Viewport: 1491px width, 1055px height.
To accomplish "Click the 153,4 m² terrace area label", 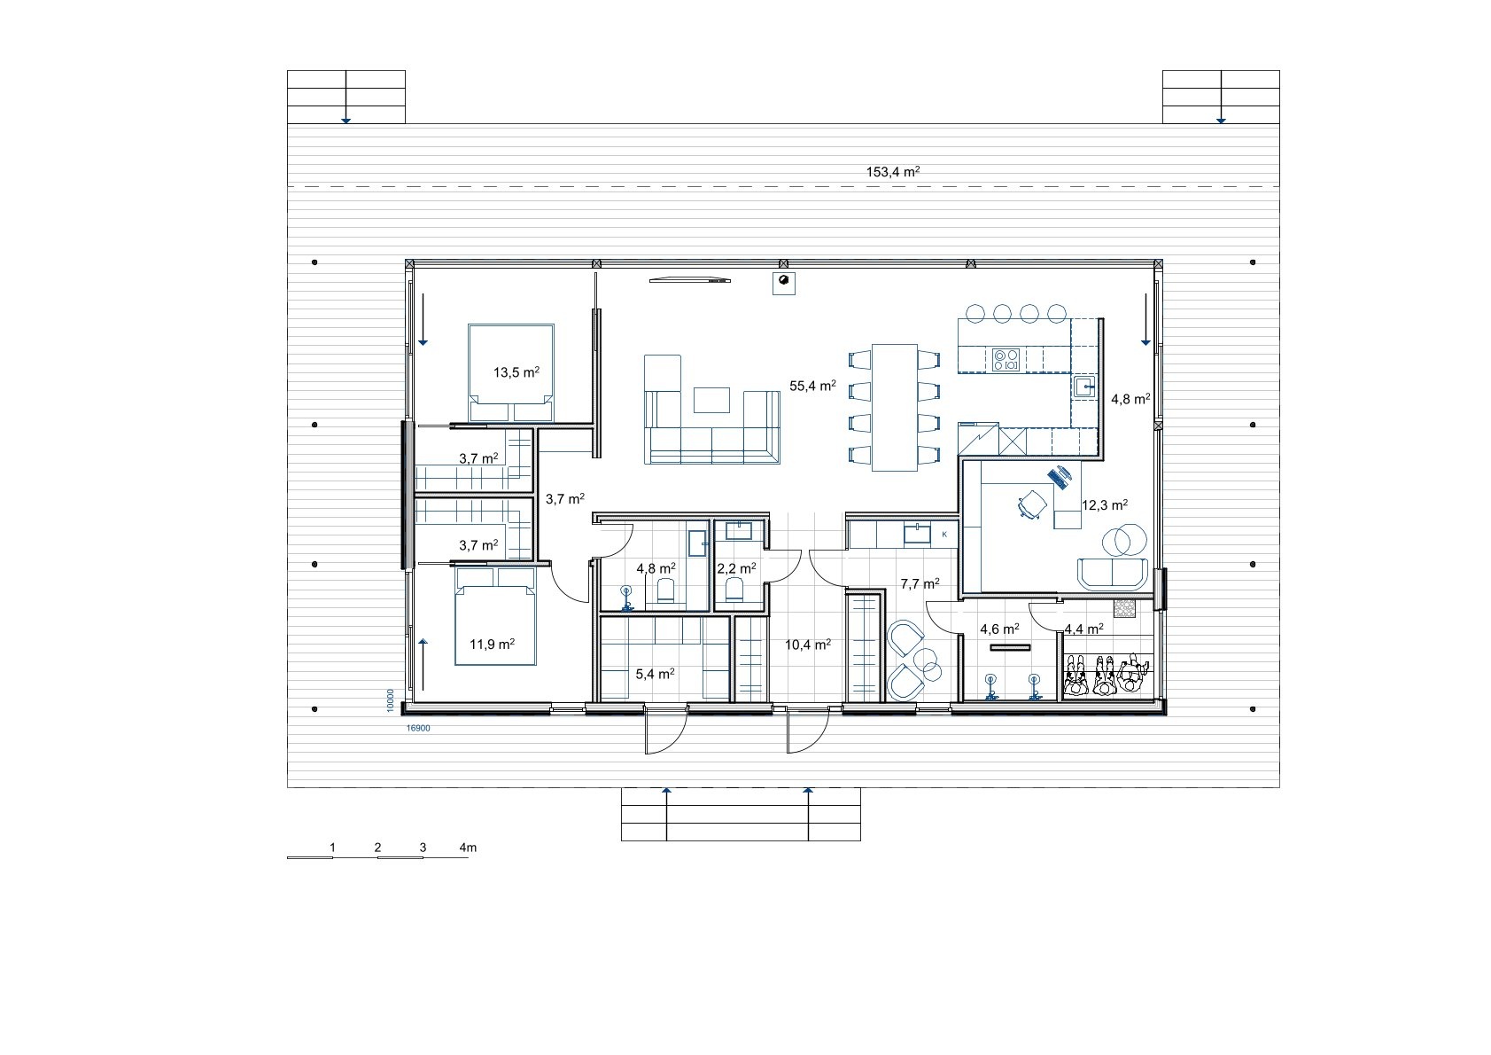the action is click(x=893, y=172).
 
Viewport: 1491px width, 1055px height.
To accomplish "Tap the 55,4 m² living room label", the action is click(x=812, y=386).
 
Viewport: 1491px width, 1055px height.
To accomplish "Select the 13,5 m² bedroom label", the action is click(x=516, y=372).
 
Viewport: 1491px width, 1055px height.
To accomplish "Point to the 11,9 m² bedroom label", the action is click(x=493, y=644).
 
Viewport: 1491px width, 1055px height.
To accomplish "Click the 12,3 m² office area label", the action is click(x=1105, y=504).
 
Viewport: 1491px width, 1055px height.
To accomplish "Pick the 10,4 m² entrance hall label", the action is click(x=807, y=644).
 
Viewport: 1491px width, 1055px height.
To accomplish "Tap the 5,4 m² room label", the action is click(x=655, y=674).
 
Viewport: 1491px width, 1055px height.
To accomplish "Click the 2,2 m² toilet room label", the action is click(x=736, y=568).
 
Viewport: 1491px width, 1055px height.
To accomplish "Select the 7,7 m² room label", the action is click(x=920, y=583).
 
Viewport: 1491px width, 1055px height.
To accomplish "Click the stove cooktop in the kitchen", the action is click(x=1006, y=360).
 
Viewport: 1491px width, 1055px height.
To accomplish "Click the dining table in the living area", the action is click(x=895, y=408).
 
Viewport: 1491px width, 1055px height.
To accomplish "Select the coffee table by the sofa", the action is click(x=711, y=401).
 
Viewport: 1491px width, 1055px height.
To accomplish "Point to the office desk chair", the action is click(x=1032, y=504).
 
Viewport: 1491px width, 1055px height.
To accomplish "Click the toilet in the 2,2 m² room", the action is click(x=734, y=590).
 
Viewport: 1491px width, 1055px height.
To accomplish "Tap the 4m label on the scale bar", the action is click(x=468, y=848).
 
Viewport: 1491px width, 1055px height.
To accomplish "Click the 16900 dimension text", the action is click(x=418, y=729).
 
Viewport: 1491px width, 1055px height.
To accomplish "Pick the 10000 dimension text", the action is click(x=391, y=700).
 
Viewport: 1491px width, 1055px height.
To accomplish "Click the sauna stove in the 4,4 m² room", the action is click(x=1124, y=609).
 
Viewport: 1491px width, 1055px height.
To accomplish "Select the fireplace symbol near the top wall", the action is click(x=783, y=283).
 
